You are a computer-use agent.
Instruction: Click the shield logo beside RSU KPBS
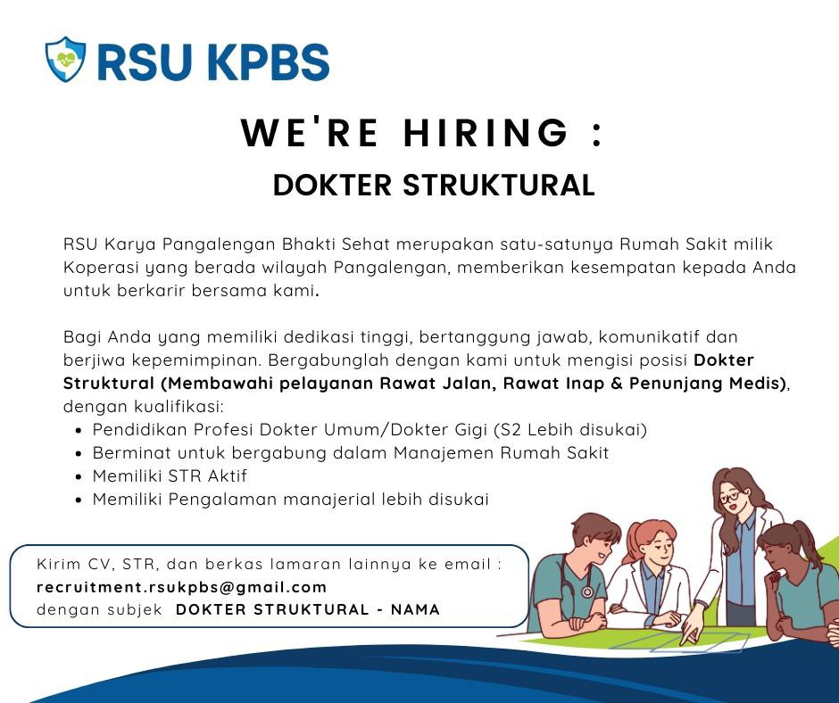(x=65, y=60)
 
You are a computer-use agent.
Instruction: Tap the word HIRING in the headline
(x=486, y=133)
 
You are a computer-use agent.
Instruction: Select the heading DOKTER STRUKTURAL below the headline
(x=434, y=185)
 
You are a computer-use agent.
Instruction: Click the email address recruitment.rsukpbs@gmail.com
(x=181, y=587)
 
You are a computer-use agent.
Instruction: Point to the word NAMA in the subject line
(x=415, y=609)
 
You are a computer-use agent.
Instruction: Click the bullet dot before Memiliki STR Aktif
(x=79, y=476)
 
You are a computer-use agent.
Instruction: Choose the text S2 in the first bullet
(x=511, y=430)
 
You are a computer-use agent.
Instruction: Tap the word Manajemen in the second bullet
(x=444, y=453)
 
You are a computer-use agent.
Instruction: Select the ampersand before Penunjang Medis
(x=617, y=383)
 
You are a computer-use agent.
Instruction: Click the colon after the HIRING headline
(x=598, y=135)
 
